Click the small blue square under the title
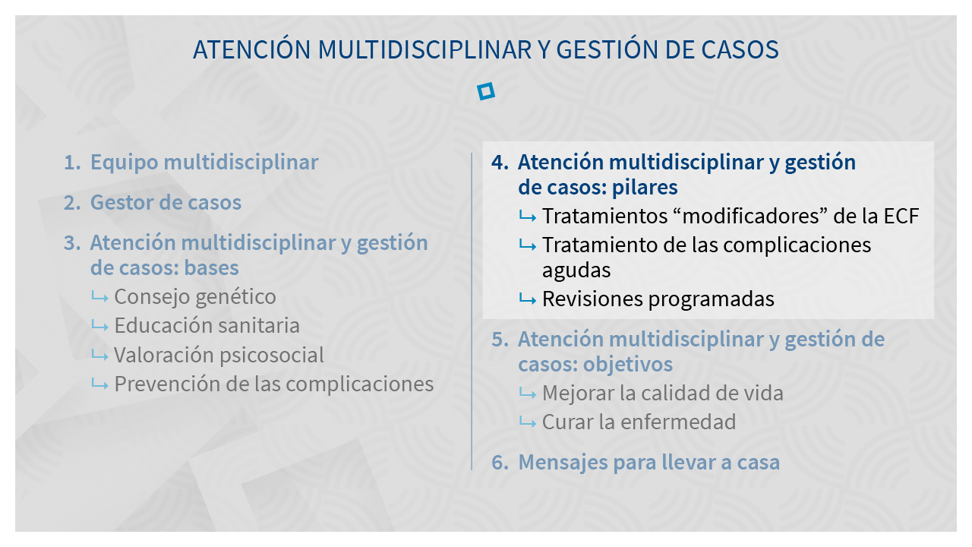tap(485, 91)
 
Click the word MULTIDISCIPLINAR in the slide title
tap(424, 49)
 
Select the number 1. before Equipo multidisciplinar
tap(72, 163)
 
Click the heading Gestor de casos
tap(166, 202)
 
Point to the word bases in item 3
tap(211, 267)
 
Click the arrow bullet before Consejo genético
tap(99, 297)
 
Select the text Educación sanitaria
tap(207, 326)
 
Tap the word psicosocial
tap(272, 356)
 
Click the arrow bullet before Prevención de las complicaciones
tap(99, 384)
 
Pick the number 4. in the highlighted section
tap(500, 163)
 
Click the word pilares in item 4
tap(645, 188)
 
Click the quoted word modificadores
tap(751, 216)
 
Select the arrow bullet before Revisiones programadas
tap(528, 299)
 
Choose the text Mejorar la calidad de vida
tap(663, 394)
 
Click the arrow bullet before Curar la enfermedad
tap(528, 422)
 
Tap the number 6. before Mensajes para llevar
tap(500, 463)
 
